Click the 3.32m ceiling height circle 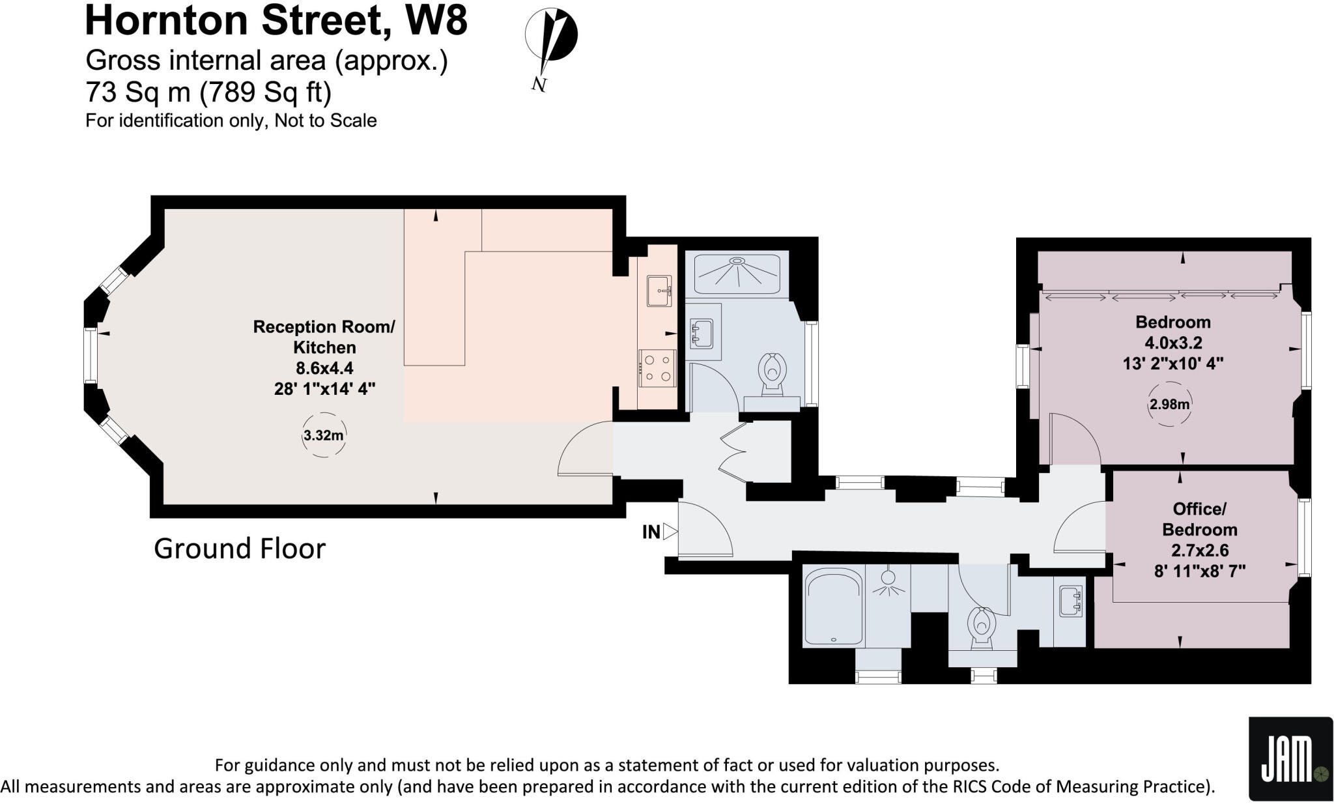324,435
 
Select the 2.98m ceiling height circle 1169,404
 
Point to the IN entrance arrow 670,532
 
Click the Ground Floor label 239,549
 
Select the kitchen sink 659,291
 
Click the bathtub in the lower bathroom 833,606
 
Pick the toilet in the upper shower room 773,373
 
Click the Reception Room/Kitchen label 324,337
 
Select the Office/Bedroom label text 1199,519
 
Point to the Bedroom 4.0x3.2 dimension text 1173,343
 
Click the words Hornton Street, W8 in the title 276,21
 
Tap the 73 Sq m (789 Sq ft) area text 208,93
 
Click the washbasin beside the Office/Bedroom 1070,601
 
